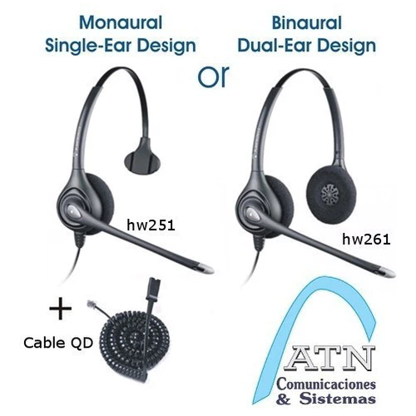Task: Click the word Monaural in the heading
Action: click(x=121, y=22)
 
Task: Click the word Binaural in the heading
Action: click(x=307, y=22)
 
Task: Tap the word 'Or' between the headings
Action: click(x=214, y=76)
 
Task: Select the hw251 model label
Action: click(x=151, y=225)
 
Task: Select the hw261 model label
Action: click(x=366, y=239)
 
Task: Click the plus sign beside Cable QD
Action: click(x=61, y=309)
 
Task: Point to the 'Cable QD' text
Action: click(x=58, y=343)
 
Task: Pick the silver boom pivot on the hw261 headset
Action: click(x=252, y=213)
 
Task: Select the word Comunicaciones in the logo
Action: click(x=326, y=384)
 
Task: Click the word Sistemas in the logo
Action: click(x=338, y=399)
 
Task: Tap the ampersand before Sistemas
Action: click(x=284, y=399)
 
